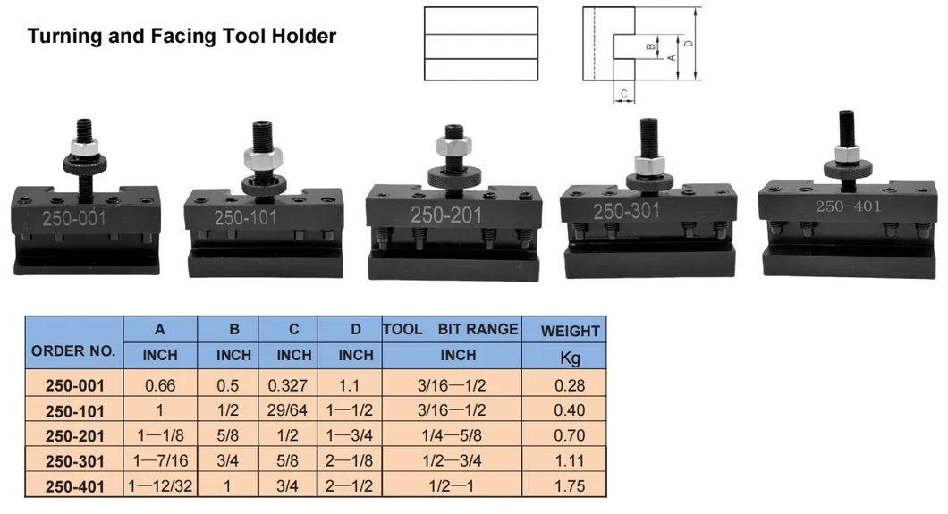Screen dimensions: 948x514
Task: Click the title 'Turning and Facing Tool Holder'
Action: click(182, 37)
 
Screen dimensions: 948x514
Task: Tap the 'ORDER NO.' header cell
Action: click(73, 351)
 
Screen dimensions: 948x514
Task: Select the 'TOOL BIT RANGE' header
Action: click(451, 329)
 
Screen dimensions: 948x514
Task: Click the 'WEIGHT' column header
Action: click(570, 331)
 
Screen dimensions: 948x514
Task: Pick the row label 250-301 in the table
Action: click(75, 461)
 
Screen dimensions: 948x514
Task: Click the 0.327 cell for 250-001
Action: click(288, 385)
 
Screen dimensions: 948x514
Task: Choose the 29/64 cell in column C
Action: click(287, 410)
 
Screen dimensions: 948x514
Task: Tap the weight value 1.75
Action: click(570, 486)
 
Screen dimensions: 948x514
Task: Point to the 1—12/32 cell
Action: click(160, 486)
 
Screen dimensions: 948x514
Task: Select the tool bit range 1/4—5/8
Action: click(452, 435)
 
